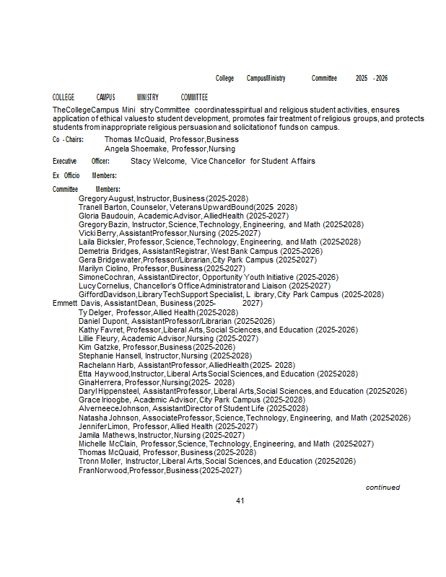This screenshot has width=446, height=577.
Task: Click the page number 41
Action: tap(241, 501)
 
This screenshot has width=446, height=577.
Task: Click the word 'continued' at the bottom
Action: tap(382, 488)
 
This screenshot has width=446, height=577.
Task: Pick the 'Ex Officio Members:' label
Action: tap(84, 175)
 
